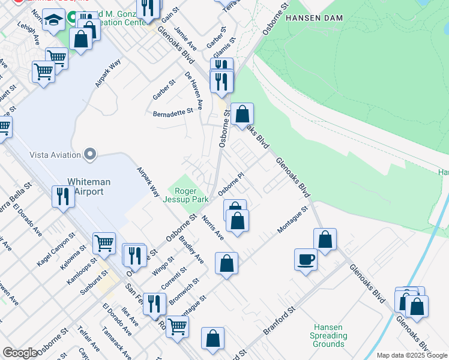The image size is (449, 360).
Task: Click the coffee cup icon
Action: point(306,259)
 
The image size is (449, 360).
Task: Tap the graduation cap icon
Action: point(54,20)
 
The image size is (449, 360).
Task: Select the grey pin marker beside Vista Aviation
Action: point(91,155)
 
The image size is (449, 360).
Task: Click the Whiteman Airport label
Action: point(85,186)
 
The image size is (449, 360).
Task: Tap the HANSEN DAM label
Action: point(315,18)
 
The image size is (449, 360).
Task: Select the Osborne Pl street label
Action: point(232,184)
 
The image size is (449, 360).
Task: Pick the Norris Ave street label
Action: point(212,227)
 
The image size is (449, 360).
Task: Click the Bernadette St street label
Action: point(173,112)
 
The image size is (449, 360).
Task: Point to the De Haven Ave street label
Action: point(194,91)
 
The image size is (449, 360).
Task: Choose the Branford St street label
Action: point(280,322)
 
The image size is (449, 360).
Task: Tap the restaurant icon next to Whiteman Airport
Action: point(63,196)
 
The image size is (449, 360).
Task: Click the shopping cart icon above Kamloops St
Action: point(104,243)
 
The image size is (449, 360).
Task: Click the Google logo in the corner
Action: point(20,353)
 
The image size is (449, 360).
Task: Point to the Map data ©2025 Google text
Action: point(412,355)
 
